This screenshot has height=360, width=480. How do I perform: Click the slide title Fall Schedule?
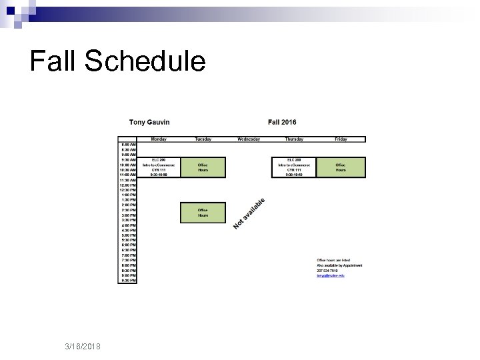coord(118,61)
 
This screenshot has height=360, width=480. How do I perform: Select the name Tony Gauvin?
coord(150,122)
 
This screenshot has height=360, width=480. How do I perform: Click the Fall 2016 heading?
coord(282,122)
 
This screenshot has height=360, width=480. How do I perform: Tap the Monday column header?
coord(159,139)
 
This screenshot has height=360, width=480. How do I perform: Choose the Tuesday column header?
coord(203,139)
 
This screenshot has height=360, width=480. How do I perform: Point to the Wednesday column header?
coord(249,139)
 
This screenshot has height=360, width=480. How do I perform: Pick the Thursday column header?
coord(294,139)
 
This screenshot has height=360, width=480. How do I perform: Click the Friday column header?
coord(341,139)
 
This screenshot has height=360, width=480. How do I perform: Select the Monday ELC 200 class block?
coord(159,167)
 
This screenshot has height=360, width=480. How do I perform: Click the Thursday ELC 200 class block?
coord(294,167)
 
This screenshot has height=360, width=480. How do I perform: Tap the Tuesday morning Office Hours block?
coord(203,167)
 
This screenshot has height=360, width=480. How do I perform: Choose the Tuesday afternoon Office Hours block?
coord(203,213)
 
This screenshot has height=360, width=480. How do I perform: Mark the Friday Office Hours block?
coord(341,167)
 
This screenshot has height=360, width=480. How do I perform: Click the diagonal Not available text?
coord(249,213)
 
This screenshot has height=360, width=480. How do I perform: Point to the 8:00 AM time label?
coord(128,144)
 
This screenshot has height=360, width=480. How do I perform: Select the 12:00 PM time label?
coord(128,185)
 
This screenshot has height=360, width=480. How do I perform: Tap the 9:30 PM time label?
coord(128,281)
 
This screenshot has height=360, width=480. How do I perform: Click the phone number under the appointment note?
coord(327,270)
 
